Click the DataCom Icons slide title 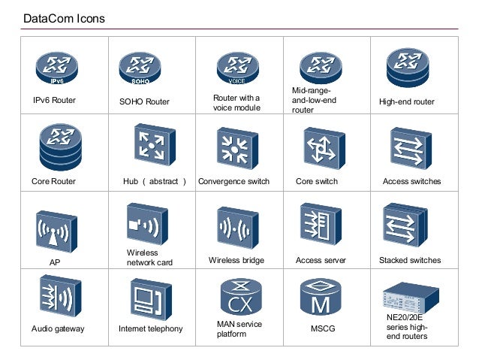(64, 17)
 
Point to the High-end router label (406, 101)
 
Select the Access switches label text (411, 181)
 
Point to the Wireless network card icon (146, 222)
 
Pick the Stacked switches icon (405, 225)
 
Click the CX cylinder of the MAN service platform (239, 298)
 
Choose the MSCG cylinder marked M (321, 298)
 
